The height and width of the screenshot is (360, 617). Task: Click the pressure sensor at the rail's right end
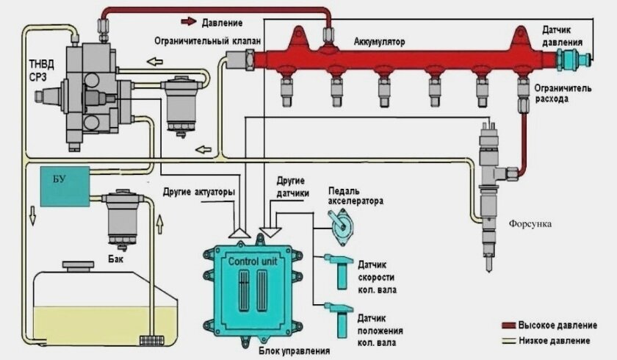[573, 58]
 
